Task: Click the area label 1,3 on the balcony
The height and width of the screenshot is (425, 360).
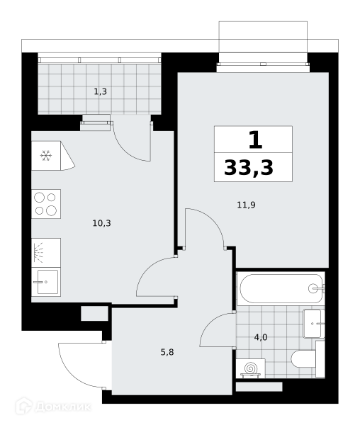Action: coord(101,92)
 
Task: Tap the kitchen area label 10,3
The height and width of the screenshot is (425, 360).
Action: coord(101,223)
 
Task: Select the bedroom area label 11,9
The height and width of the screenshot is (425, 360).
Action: coord(246,205)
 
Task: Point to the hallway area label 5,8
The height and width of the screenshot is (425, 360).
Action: coord(167,352)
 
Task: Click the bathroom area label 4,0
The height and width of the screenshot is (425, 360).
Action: coord(261,337)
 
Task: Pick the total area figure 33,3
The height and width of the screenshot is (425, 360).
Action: coord(249,168)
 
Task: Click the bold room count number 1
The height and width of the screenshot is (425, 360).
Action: coord(255,140)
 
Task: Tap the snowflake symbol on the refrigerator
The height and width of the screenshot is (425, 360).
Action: coord(46,156)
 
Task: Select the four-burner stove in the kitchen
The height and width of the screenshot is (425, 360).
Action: coord(46,204)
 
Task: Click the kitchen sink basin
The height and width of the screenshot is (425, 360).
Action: coord(47,282)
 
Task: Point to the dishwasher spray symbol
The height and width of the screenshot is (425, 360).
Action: coord(38,253)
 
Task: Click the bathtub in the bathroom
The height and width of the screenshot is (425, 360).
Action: coord(281,288)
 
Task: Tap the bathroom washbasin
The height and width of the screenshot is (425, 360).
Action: coord(313,324)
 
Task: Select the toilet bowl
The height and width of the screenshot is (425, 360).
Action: coord(303,359)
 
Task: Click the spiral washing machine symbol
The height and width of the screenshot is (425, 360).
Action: coord(250,368)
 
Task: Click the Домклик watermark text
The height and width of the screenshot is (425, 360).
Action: coord(63,407)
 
